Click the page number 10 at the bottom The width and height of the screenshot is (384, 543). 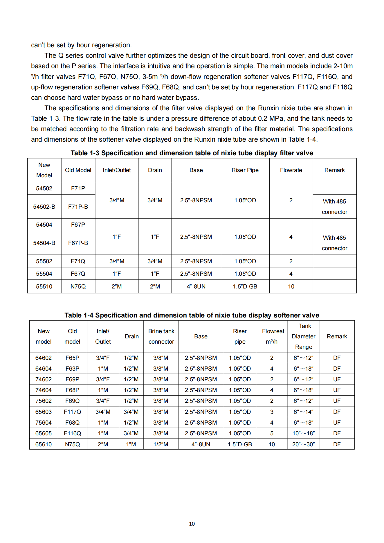[x=192, y=524]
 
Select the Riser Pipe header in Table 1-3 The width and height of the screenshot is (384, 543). [x=245, y=170]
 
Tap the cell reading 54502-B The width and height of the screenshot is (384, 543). [x=44, y=207]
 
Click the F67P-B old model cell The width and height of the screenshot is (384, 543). [x=78, y=243]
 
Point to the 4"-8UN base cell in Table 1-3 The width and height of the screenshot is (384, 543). [x=196, y=286]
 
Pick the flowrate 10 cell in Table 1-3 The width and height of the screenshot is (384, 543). [x=291, y=286]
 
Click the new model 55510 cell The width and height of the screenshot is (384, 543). [x=44, y=286]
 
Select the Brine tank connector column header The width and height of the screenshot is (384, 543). [x=161, y=336]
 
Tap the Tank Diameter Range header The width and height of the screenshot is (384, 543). [x=304, y=336]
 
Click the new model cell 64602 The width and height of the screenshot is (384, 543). [x=44, y=358]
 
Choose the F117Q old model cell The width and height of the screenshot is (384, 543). [x=72, y=412]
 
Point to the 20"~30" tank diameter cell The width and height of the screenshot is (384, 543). [x=303, y=444]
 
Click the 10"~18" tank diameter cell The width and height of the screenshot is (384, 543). [x=303, y=433]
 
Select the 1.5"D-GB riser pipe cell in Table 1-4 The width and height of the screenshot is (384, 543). [x=240, y=444]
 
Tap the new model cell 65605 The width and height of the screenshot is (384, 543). [x=44, y=433]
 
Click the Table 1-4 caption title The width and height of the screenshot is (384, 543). [x=192, y=315]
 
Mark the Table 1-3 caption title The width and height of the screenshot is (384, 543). [x=192, y=153]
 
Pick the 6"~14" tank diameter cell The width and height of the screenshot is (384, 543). [x=303, y=412]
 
